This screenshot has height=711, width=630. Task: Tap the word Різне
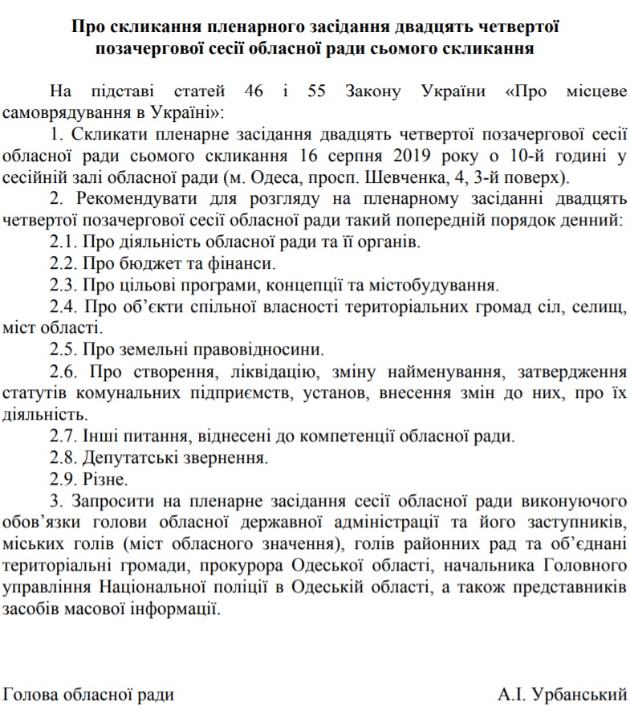pyautogui.click(x=105, y=480)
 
